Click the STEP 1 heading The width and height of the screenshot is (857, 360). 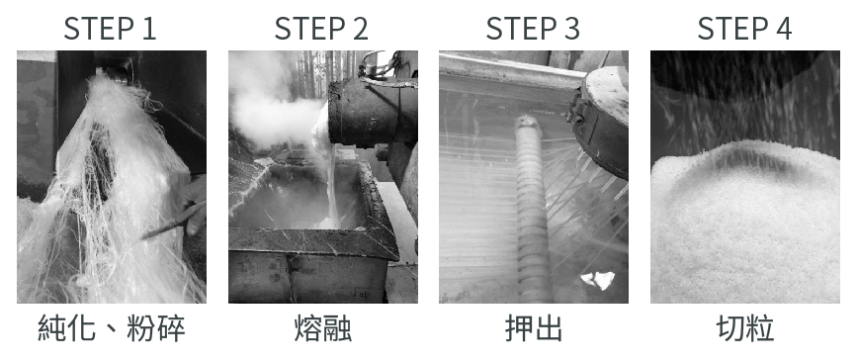[110, 29]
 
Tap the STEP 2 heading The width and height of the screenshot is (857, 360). [321, 29]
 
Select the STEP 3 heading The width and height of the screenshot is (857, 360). [533, 29]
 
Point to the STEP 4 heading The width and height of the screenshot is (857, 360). [744, 29]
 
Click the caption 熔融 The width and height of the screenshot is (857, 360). [323, 328]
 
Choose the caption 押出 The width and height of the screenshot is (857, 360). [534, 328]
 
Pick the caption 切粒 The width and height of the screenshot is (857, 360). [745, 328]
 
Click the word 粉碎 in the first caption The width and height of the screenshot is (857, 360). [156, 328]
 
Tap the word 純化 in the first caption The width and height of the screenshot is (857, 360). [66, 328]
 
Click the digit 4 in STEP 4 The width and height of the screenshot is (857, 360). [784, 29]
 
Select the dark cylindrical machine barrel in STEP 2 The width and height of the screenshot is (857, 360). [373, 111]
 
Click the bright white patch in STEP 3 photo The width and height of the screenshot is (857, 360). [598, 280]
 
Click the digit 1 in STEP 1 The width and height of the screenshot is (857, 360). [150, 29]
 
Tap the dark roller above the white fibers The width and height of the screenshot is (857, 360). [114, 74]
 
